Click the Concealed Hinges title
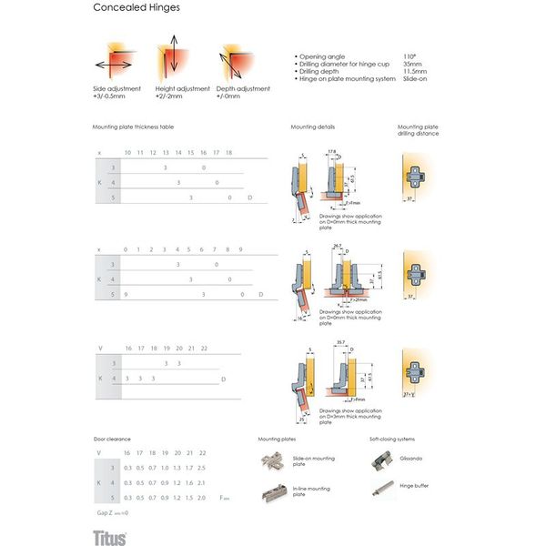[x=136, y=8]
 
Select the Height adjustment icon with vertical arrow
[x=172, y=56]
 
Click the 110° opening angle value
[x=409, y=56]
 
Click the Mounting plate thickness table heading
[x=133, y=126]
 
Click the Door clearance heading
[x=111, y=439]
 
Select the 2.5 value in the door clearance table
[x=201, y=467]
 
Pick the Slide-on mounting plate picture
[x=274, y=463]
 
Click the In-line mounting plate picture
[x=274, y=491]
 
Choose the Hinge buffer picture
[x=379, y=490]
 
